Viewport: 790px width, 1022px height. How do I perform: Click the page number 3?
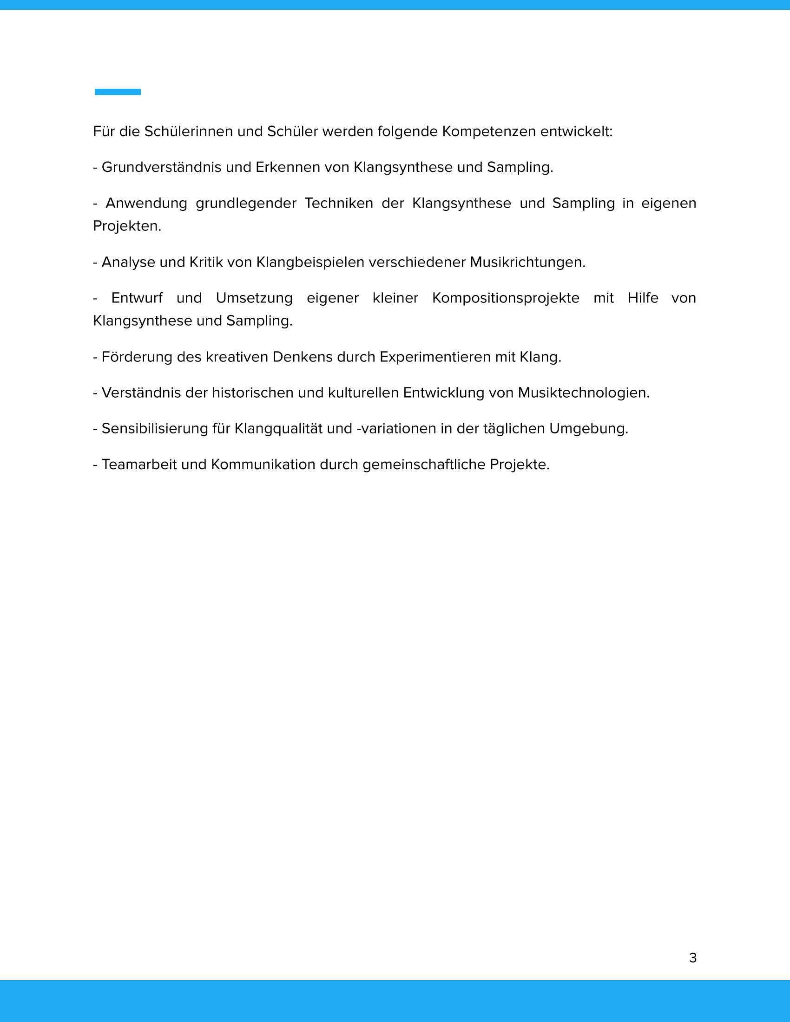[x=693, y=958]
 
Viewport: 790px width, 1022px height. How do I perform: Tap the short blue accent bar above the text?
[x=118, y=92]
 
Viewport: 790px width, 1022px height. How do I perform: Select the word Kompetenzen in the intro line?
[x=488, y=131]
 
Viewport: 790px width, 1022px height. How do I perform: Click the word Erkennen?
[x=288, y=167]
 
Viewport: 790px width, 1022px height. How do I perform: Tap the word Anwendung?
[x=146, y=203]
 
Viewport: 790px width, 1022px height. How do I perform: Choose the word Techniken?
[x=338, y=203]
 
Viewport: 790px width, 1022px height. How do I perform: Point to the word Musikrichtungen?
[x=527, y=262]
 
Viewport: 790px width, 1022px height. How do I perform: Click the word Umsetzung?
[x=254, y=298]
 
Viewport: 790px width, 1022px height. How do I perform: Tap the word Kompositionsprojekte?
[x=506, y=298]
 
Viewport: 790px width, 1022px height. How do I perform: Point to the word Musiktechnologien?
[x=583, y=393]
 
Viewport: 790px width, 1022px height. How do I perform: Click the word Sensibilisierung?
[x=154, y=429]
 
